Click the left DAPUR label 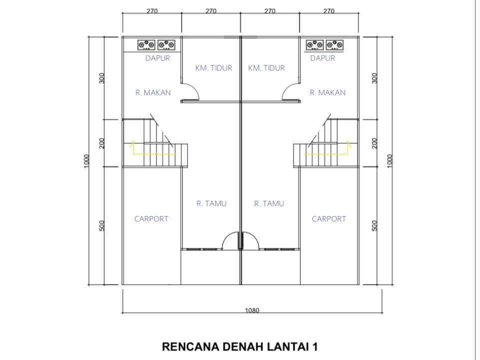[157, 58]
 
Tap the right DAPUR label [322, 58]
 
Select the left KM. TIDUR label [214, 67]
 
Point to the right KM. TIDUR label [266, 67]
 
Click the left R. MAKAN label [153, 92]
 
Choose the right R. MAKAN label [328, 92]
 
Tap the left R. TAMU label [211, 203]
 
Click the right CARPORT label [329, 219]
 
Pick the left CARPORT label [151, 219]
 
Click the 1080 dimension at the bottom [252, 310]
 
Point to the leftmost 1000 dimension [86, 161]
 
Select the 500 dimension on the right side [374, 225]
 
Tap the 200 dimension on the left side [101, 143]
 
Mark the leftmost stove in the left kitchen [146, 44]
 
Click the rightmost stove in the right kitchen [335, 44]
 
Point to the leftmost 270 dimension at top [152, 11]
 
